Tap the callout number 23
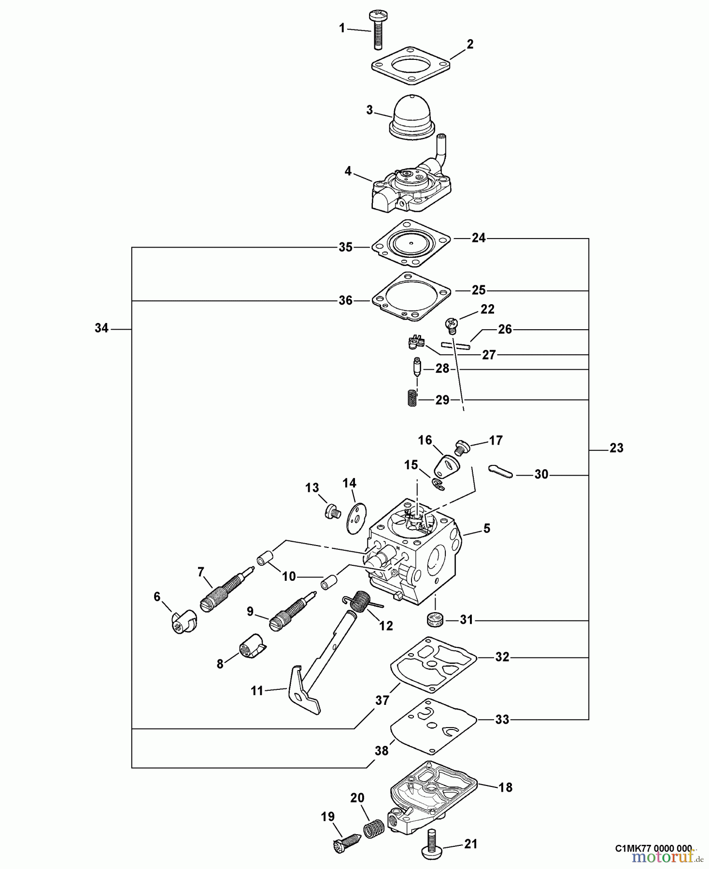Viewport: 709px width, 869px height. point(616,448)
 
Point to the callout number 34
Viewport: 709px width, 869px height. point(101,328)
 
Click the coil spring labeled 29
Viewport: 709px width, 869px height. point(410,399)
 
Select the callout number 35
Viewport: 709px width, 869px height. point(345,247)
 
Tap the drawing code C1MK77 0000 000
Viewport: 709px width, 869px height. point(653,848)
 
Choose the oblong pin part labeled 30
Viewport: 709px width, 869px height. point(501,472)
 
